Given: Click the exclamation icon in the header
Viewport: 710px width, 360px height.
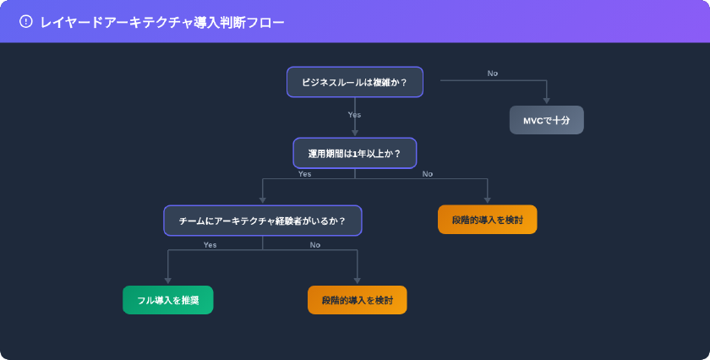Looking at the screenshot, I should pos(25,22).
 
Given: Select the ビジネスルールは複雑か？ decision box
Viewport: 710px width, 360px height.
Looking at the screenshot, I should pos(354,82).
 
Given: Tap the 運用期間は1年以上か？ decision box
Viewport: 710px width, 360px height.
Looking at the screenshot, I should pos(354,153).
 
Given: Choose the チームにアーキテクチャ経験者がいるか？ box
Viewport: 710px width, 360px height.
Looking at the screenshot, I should pos(262,221).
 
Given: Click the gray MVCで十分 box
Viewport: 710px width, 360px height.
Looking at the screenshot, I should pos(546,120).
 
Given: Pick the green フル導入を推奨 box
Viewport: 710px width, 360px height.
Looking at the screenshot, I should pos(168,300).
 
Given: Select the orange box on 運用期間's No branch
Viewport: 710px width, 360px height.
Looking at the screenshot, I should pos(487,220).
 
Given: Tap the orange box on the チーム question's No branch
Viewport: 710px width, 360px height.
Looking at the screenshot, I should pos(357,300).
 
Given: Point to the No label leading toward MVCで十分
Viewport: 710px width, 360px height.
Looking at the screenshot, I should pos(492,74).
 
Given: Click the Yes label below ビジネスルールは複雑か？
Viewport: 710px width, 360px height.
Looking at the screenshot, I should pos(354,114).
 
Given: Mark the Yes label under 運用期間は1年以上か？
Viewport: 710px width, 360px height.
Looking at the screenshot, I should pos(304,174).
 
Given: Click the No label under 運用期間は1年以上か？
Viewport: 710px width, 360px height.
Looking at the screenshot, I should pos(428,174).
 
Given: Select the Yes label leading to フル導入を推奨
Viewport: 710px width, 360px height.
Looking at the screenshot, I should pos(210,245).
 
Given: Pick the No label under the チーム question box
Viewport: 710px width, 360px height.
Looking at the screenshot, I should pos(315,245).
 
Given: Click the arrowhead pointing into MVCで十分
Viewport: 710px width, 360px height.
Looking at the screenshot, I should pos(546,101).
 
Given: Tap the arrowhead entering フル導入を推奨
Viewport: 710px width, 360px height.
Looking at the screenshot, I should pos(168,281).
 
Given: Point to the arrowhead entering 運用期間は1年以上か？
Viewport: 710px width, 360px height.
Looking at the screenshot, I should pos(354,133).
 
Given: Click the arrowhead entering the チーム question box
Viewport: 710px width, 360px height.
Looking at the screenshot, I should pos(262,200).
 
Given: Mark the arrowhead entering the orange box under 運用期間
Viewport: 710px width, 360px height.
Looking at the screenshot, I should pos(487,200).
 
